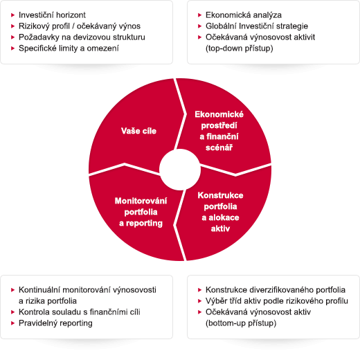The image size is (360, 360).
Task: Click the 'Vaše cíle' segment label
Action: tap(138, 131)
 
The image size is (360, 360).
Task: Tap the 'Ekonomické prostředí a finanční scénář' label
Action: tap(219, 131)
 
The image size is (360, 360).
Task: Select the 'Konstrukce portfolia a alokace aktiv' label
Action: tap(220, 212)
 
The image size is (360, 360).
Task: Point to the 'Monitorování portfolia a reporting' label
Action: tap(141, 212)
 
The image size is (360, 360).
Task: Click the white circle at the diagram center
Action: tap(180, 170)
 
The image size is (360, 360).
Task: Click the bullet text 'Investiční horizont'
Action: tap(52, 15)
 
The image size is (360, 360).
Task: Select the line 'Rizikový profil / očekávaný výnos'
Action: tap(80, 26)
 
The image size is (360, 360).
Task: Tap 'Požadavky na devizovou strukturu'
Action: tap(82, 37)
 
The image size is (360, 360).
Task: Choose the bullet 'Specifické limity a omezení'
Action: tap(69, 48)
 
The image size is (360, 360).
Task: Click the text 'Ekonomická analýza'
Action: tap(244, 15)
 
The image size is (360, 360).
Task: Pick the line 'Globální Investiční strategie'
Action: tap(257, 26)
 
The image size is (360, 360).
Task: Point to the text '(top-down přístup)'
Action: tap(240, 48)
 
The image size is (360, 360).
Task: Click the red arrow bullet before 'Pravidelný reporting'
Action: tap(13, 323)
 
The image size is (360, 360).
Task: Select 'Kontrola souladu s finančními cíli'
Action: tap(80, 312)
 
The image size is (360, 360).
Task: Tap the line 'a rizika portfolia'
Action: tap(48, 301)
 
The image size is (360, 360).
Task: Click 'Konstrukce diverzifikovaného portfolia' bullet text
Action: tap(276, 290)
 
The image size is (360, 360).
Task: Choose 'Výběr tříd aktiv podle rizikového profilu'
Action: tap(277, 301)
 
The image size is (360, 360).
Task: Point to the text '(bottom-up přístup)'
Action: tap(241, 323)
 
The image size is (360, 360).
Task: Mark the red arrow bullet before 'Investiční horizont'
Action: tap(13, 15)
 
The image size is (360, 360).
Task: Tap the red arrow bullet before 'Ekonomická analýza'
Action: tap(200, 15)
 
